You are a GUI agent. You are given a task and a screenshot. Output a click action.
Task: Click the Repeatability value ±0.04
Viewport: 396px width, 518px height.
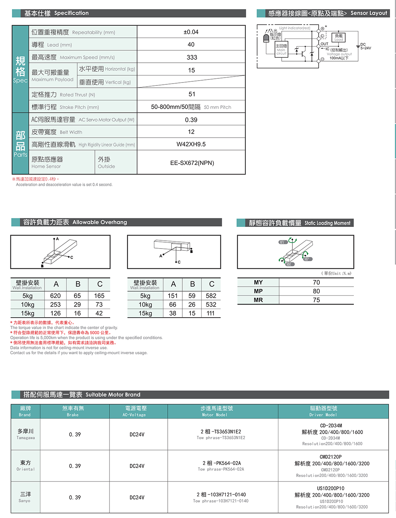point(191,32)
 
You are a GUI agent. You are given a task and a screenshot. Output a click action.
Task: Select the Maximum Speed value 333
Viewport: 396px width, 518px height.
point(192,57)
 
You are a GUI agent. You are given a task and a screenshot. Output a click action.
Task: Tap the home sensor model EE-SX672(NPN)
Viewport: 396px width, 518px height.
point(192,163)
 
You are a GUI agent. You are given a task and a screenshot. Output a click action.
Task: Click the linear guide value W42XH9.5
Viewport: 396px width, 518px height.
point(191,144)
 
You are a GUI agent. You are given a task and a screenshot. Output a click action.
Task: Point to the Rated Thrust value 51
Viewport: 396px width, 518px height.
point(192,94)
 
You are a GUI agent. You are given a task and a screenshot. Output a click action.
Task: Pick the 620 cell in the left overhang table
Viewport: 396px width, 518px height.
point(55,296)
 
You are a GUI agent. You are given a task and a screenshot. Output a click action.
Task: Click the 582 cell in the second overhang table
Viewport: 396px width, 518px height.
point(211,296)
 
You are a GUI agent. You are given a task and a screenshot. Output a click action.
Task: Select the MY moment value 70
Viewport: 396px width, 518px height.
point(316,283)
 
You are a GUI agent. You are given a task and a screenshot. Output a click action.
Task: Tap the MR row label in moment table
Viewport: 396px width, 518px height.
point(258,300)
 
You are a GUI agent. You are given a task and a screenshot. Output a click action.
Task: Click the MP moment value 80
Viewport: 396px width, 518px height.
point(316,291)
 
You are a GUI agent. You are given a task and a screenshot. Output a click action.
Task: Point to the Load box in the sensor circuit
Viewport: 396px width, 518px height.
point(338,37)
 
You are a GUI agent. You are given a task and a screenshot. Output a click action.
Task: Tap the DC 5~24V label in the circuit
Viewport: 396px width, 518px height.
point(365,46)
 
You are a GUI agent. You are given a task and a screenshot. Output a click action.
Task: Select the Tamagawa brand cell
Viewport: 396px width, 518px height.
point(25,434)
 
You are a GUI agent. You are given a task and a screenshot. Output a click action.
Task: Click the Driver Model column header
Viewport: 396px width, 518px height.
point(323,411)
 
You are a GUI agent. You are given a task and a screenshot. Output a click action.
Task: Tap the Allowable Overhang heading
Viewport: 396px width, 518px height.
point(75,222)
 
